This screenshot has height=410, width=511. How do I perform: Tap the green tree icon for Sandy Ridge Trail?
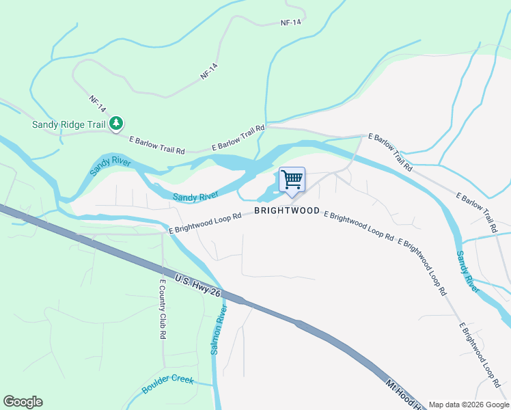(118, 123)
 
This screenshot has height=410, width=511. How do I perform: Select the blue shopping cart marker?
(292, 180)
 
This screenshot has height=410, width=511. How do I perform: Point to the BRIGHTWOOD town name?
(287, 210)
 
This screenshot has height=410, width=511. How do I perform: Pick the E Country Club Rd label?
(163, 310)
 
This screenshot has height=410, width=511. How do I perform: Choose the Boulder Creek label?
(168, 384)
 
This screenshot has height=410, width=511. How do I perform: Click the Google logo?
(23, 402)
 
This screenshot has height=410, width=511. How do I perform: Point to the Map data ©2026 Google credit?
(468, 404)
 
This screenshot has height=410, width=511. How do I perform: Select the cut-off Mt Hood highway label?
(406, 395)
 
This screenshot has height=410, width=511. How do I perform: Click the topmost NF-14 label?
(290, 23)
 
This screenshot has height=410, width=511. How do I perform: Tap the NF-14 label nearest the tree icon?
(98, 104)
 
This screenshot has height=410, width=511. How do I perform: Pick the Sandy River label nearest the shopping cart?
(195, 197)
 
